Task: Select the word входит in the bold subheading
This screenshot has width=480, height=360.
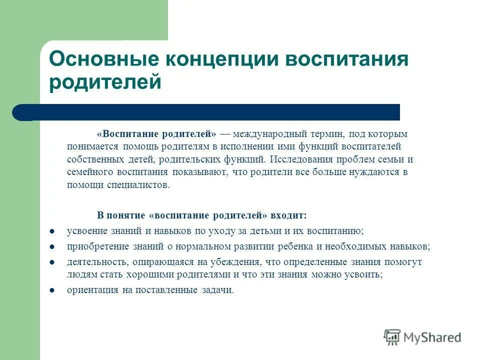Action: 288,215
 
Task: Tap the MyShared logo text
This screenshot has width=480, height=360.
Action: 432,337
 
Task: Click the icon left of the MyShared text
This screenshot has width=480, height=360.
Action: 392,337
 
